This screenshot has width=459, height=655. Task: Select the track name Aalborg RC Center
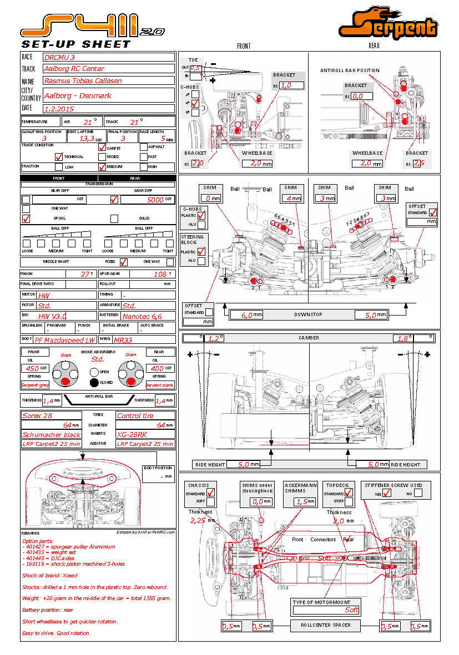tap(74, 69)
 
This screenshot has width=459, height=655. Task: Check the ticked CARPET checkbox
tap(102, 147)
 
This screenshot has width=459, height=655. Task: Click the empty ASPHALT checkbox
tap(144, 147)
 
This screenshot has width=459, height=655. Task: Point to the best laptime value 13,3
tap(86, 139)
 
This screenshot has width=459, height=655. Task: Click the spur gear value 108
tap(159, 274)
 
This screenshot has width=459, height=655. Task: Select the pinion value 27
tap(85, 274)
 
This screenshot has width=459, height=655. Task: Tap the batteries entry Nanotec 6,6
tap(142, 316)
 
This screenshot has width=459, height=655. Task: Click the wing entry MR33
tap(123, 340)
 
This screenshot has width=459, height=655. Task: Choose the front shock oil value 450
tap(32, 368)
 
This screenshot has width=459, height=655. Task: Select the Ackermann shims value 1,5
tap(302, 501)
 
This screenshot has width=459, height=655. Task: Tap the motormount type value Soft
tap(351, 610)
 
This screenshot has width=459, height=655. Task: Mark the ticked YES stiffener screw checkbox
tap(387, 493)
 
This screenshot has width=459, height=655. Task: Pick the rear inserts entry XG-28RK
tap(132, 434)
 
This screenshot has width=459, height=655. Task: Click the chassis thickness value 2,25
tap(198, 520)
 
